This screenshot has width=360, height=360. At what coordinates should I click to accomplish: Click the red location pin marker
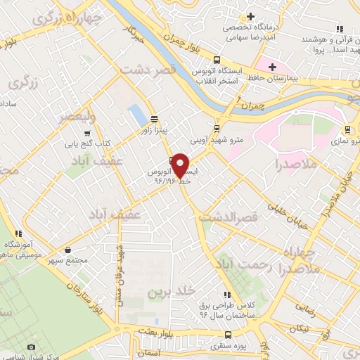(x=181, y=166)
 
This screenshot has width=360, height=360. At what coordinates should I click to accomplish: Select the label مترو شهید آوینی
(x=217, y=140)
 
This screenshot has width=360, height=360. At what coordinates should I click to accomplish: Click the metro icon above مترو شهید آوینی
(x=217, y=128)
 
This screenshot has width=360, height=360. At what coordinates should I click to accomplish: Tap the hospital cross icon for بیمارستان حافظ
(x=271, y=66)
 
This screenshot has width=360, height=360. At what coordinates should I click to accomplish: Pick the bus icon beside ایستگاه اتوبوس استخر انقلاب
(x=217, y=60)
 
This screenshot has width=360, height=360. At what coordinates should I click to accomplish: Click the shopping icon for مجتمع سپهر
(x=67, y=250)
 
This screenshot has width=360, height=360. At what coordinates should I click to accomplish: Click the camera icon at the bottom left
(x=30, y=347)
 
